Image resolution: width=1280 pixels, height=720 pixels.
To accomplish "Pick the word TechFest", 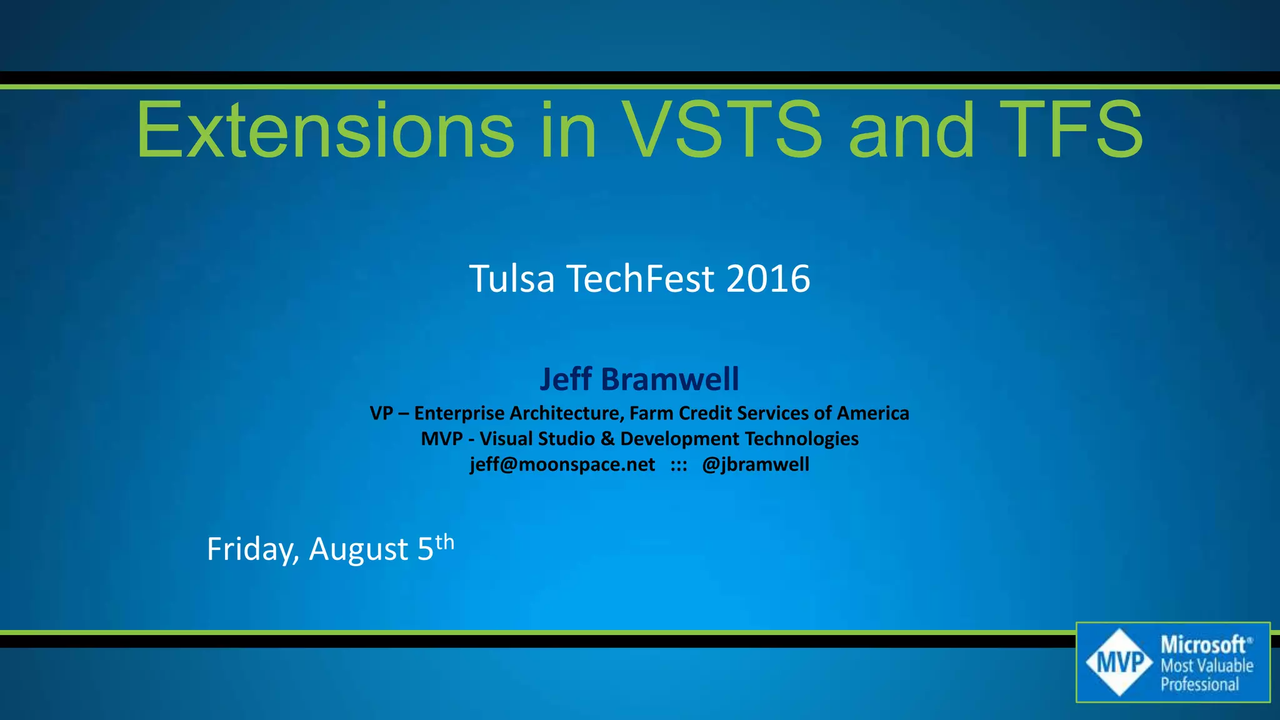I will (x=640, y=279).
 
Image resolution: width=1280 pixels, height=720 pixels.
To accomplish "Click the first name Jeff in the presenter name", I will (x=566, y=379).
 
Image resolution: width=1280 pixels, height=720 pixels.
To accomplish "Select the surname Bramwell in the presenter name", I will (x=670, y=379).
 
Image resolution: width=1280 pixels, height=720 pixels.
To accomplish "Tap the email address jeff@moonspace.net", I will (x=562, y=464).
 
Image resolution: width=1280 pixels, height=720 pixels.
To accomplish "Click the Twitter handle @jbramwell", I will (x=756, y=464).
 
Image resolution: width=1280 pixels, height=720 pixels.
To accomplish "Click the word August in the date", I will (x=359, y=549).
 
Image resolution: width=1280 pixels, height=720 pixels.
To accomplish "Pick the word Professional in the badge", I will (x=1199, y=684).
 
